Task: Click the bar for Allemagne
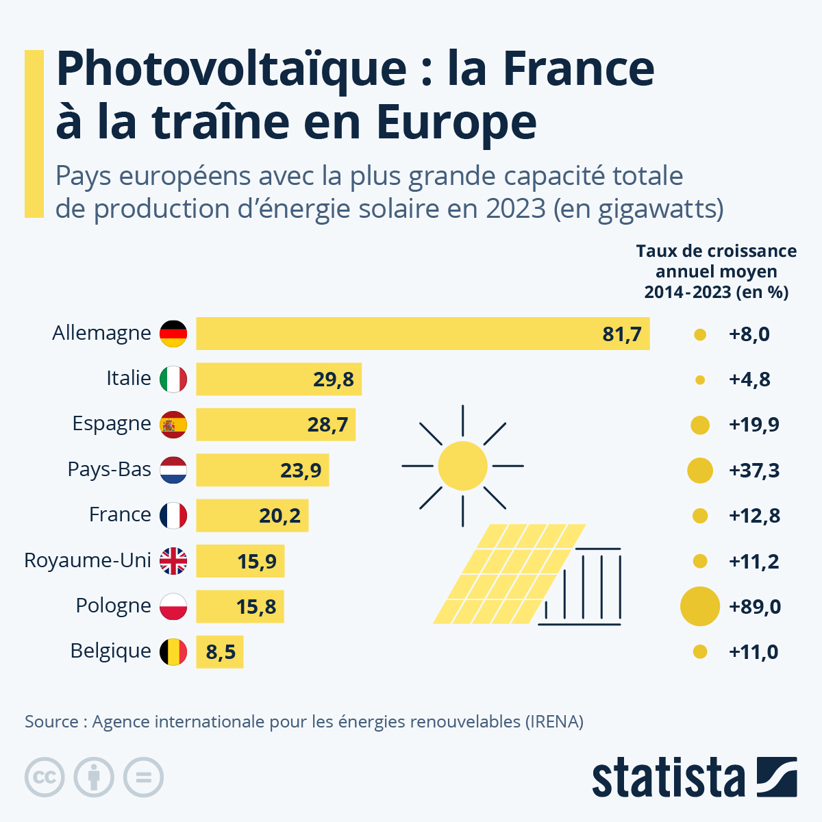pyautogui.click(x=422, y=334)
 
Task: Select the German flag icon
pyautogui.click(x=173, y=334)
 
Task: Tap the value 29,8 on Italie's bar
pyautogui.click(x=334, y=379)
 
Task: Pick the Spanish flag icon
pyautogui.click(x=173, y=425)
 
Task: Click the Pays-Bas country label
pyautogui.click(x=109, y=469)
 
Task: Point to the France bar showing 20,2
pyautogui.click(x=252, y=516)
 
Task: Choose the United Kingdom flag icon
pyautogui.click(x=173, y=561)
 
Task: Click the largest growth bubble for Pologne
pyautogui.click(x=699, y=606)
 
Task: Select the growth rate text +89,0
pyautogui.click(x=755, y=607)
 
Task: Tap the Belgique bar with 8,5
pyautogui.click(x=219, y=652)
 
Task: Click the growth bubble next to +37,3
pyautogui.click(x=699, y=471)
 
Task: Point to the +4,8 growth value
pyautogui.click(x=749, y=379)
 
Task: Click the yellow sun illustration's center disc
pyautogui.click(x=462, y=466)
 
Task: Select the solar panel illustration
pyautogui.click(x=510, y=574)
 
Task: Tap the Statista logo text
pyautogui.click(x=668, y=778)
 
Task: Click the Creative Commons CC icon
pyautogui.click(x=45, y=777)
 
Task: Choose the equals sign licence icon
pyautogui.click(x=143, y=777)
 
